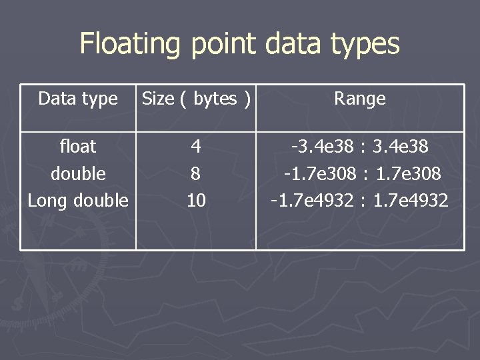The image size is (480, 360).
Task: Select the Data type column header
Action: (78, 99)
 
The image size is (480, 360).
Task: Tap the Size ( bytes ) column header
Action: (197, 99)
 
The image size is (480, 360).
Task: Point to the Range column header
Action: (360, 99)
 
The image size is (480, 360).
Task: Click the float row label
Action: (78, 146)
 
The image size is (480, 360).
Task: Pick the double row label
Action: (78, 173)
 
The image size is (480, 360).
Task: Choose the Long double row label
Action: (78, 200)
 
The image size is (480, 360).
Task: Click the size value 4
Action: (196, 146)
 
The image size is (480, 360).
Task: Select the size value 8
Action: (196, 173)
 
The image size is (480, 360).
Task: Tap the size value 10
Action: (196, 200)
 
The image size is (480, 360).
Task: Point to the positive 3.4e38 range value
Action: (402, 146)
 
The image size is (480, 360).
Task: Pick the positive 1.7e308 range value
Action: (408, 173)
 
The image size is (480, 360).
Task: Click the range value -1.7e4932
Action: (311, 200)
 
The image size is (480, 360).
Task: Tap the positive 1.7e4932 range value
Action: (411, 200)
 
